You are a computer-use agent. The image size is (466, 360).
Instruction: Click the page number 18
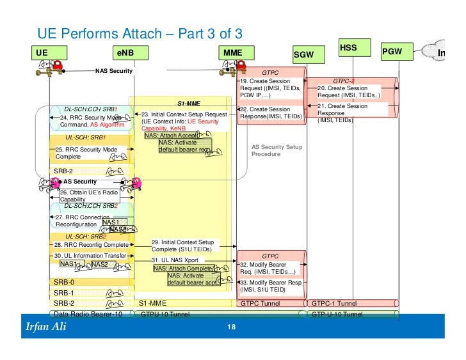pyautogui.click(x=232, y=327)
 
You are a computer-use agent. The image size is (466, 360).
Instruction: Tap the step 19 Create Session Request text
pyautogui.click(x=269, y=88)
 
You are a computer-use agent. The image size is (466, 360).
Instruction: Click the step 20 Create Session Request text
pyautogui.click(x=353, y=92)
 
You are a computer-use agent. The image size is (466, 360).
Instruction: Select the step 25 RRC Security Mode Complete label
pyautogui.click(x=86, y=152)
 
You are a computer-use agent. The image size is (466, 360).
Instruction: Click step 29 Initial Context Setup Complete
pyautogui.click(x=183, y=246)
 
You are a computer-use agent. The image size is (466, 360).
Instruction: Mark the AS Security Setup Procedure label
pyautogui.click(x=277, y=150)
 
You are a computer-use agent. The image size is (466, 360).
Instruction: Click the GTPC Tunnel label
pyautogui.click(x=261, y=303)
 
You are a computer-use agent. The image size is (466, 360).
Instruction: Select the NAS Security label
pyautogui.click(x=113, y=71)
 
